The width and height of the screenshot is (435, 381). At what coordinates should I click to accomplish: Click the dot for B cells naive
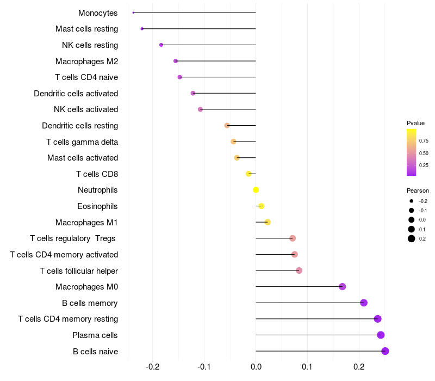coord(385,351)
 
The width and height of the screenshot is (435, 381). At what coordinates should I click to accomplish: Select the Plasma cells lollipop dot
coord(381,335)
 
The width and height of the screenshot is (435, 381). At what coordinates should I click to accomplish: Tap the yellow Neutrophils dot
coord(256,190)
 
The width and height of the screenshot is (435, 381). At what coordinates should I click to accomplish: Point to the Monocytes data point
coord(133,13)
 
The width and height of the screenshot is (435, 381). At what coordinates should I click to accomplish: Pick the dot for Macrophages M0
coord(342,287)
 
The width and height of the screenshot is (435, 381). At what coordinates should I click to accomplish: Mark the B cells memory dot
coord(364,303)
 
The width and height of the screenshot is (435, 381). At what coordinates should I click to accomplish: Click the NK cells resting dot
coord(161,45)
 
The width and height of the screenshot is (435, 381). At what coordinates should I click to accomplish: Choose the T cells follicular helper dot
coord(299,271)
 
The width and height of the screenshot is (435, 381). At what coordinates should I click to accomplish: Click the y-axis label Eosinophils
coord(97,206)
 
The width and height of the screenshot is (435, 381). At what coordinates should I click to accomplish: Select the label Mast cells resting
coord(86,29)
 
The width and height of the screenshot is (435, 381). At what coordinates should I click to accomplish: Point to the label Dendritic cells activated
coord(76,94)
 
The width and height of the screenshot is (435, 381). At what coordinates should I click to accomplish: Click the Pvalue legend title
coord(415,123)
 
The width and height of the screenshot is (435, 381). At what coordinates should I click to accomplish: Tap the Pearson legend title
coord(418,190)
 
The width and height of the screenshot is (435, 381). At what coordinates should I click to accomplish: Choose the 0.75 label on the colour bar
coord(423,140)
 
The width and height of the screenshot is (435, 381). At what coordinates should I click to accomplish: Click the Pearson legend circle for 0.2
coord(412,238)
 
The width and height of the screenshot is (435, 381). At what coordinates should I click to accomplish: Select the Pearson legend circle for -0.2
coord(412,201)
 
